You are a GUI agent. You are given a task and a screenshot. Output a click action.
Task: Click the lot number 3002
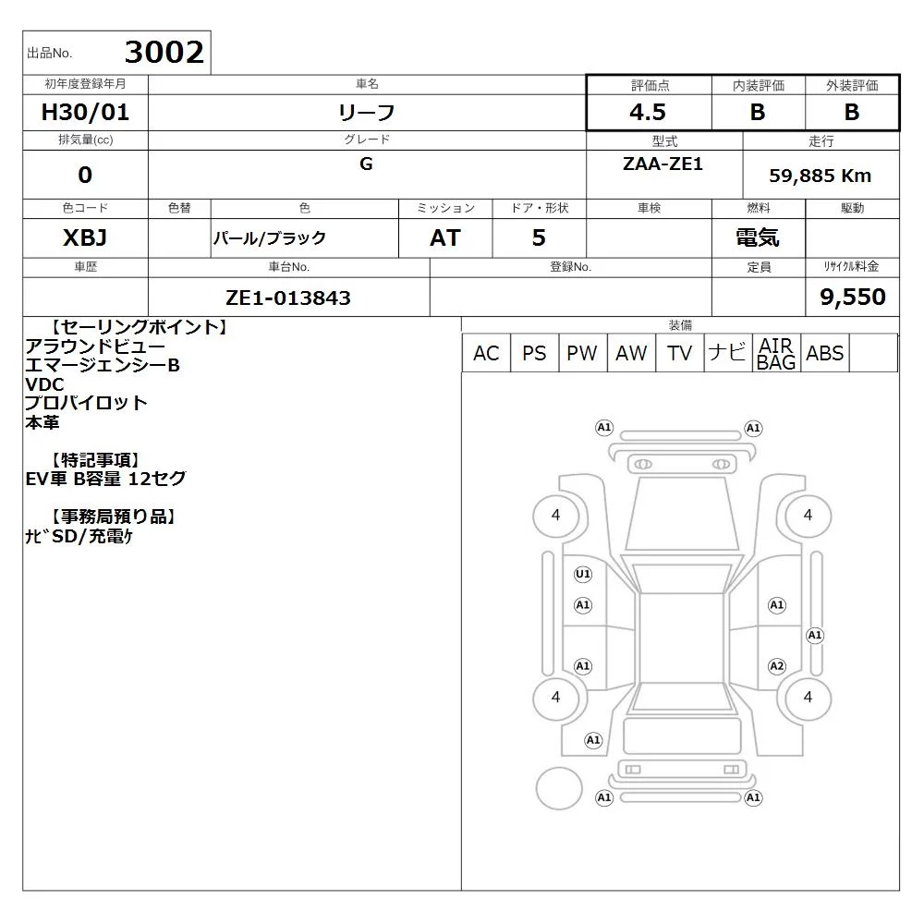pos(164,52)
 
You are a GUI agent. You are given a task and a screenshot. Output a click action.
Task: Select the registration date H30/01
pos(85,112)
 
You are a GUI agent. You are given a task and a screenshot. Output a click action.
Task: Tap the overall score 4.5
pos(648,112)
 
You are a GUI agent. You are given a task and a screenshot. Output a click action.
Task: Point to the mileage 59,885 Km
pos(820,176)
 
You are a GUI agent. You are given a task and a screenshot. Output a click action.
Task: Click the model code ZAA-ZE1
pos(663,164)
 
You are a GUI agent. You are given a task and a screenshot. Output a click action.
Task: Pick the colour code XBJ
pos(85,237)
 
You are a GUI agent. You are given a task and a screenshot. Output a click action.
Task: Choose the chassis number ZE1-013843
pos(288,298)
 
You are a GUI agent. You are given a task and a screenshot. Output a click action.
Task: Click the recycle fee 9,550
pos(853,297)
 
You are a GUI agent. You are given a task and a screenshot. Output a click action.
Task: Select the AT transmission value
pos(445,237)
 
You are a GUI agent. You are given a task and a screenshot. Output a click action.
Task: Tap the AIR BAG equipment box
pos(776,353)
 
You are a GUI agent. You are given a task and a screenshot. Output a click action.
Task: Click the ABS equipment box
pos(825,353)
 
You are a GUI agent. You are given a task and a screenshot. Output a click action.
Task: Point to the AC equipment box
pos(486,353)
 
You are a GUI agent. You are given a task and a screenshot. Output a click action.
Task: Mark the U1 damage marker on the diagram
pos(583,574)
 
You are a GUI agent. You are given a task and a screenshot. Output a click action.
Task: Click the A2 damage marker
pos(777,666)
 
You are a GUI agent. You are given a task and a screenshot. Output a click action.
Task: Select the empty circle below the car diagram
pos(559,788)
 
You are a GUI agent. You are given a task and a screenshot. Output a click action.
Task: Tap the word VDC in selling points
pos(44,384)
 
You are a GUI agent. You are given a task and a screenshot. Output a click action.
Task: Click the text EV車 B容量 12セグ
pos(105,479)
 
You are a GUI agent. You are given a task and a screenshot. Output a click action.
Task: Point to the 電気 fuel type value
pos(758,237)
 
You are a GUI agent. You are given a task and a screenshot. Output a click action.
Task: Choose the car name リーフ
pos(367,112)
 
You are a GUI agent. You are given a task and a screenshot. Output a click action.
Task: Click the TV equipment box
pos(679,353)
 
